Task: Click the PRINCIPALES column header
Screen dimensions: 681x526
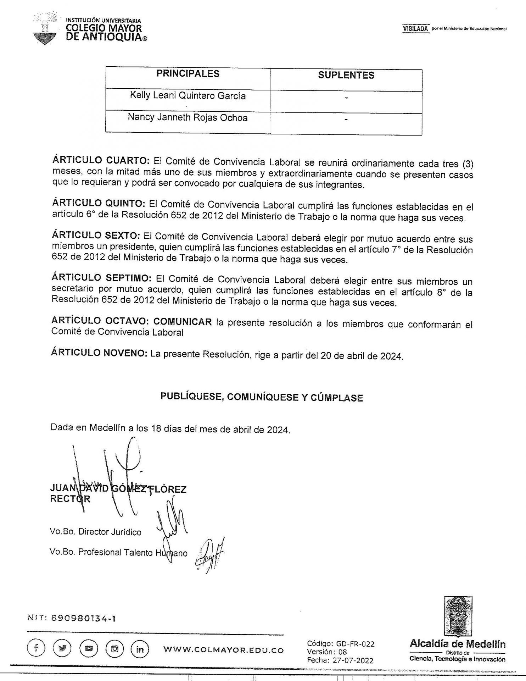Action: pyautogui.click(x=188, y=74)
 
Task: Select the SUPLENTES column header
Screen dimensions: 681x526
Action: pyautogui.click(x=346, y=75)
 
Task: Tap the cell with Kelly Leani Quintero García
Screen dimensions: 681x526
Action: pyautogui.click(x=188, y=96)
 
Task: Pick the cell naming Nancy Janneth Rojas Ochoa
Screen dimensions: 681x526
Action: pyautogui.click(x=188, y=118)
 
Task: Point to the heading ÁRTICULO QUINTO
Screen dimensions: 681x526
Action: pyautogui.click(x=99, y=204)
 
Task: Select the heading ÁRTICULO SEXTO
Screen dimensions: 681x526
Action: pyautogui.click(x=96, y=236)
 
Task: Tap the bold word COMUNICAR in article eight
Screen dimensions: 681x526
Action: pyautogui.click(x=183, y=321)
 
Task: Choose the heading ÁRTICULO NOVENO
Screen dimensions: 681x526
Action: pyautogui.click(x=99, y=353)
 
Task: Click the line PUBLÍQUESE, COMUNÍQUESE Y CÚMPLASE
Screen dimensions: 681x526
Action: pyautogui.click(x=262, y=397)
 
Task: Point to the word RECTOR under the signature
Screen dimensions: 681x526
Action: pyautogui.click(x=70, y=499)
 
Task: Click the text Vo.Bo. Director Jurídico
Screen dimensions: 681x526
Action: pyautogui.click(x=96, y=532)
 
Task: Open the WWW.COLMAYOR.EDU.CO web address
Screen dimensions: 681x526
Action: pyautogui.click(x=224, y=650)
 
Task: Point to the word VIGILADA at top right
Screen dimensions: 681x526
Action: pyautogui.click(x=415, y=29)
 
